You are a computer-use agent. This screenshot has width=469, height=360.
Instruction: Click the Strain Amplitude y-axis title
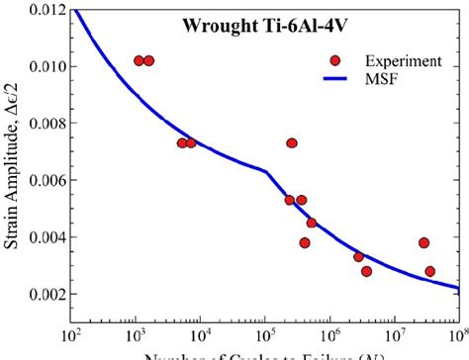[13, 178]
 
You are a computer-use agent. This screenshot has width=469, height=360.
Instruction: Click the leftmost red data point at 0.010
[140, 60]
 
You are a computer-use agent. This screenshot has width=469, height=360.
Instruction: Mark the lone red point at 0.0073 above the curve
[292, 143]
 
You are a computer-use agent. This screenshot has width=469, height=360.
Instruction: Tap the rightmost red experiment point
[430, 271]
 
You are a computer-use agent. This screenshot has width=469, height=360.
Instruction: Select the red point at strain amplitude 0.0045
[312, 223]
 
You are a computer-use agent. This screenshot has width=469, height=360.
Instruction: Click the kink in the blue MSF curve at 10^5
[265, 171]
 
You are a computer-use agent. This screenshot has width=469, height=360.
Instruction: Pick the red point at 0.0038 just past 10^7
[423, 242]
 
